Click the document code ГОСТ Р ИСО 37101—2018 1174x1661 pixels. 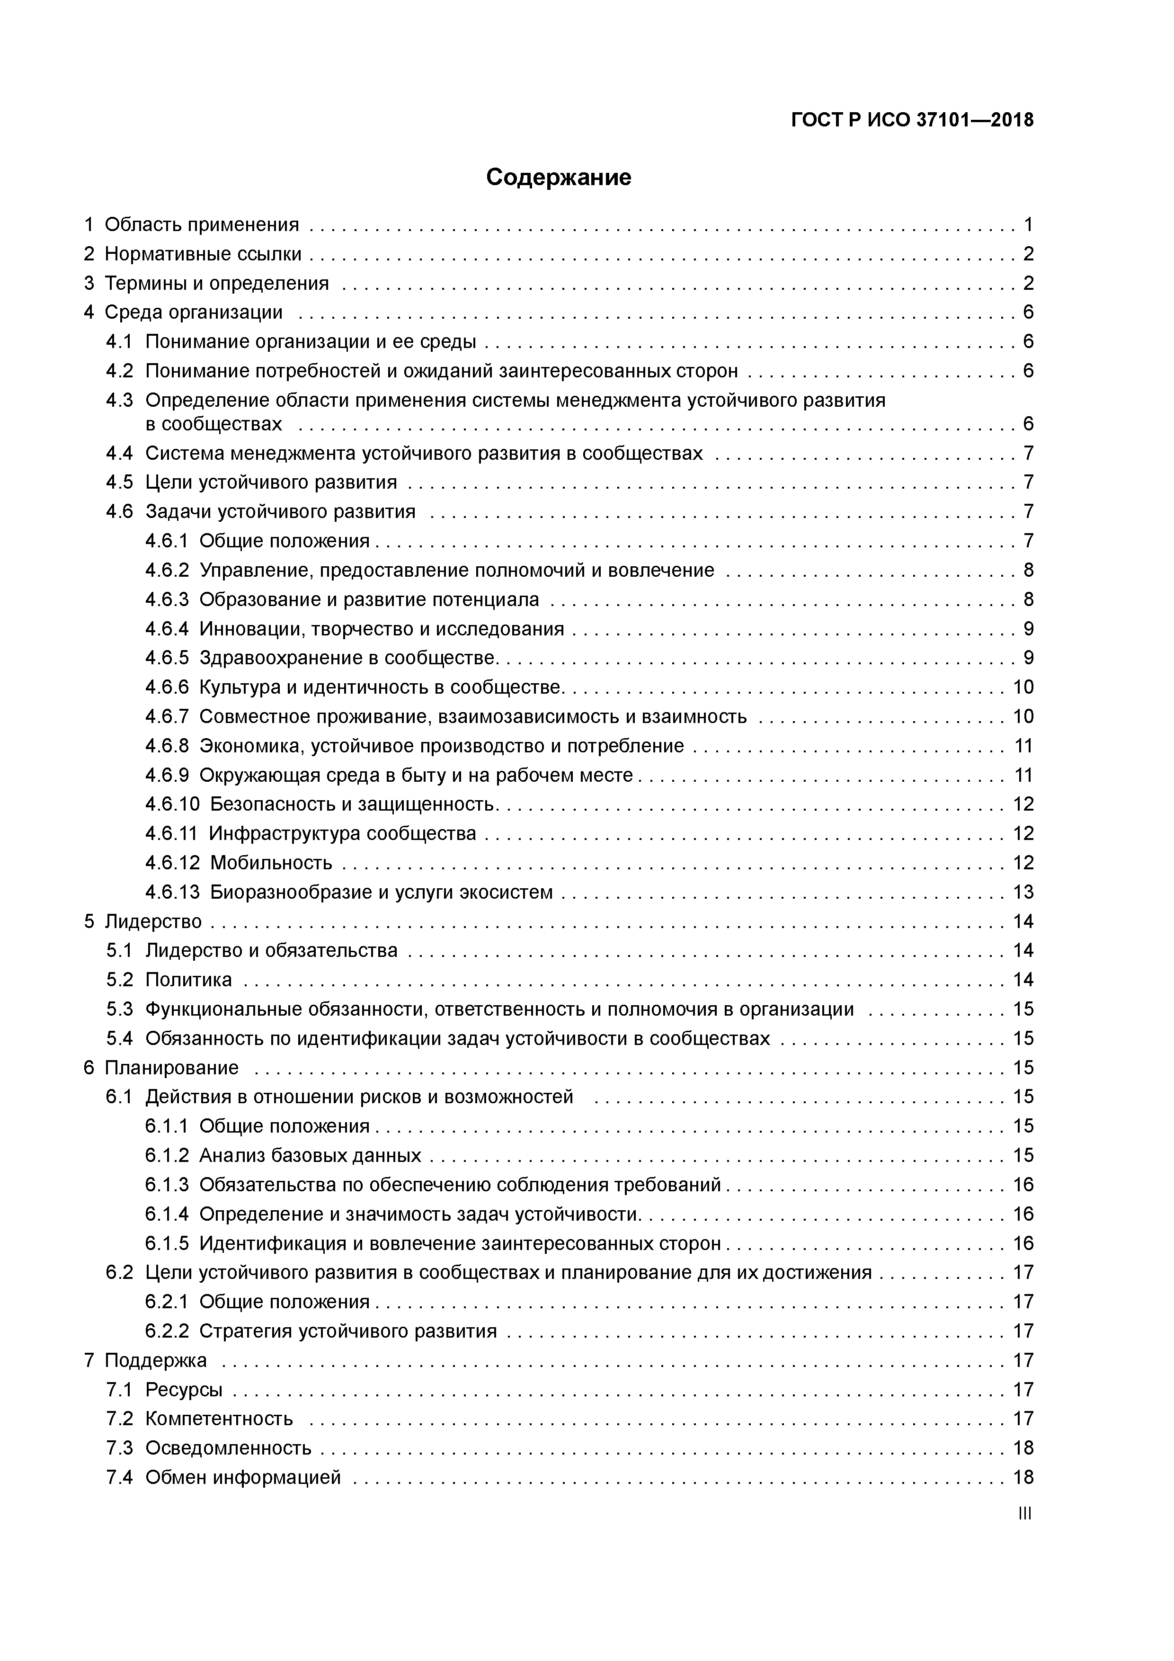(912, 121)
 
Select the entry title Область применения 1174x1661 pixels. (202, 225)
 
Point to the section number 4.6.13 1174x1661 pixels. (172, 892)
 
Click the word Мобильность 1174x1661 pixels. (271, 863)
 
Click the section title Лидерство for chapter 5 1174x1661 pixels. (153, 922)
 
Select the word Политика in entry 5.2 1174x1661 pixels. (189, 980)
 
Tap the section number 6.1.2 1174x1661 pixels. (166, 1155)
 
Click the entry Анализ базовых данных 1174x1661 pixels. (311, 1155)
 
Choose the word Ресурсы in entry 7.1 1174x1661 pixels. (184, 1390)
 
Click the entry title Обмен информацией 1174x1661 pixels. (243, 1477)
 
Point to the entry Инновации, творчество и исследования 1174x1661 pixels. (381, 629)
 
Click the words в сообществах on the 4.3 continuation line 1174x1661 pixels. (214, 424)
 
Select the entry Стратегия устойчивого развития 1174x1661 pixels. (348, 1331)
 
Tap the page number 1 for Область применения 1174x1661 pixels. (1028, 225)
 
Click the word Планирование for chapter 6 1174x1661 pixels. (171, 1068)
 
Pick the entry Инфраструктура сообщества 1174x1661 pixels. (343, 833)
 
